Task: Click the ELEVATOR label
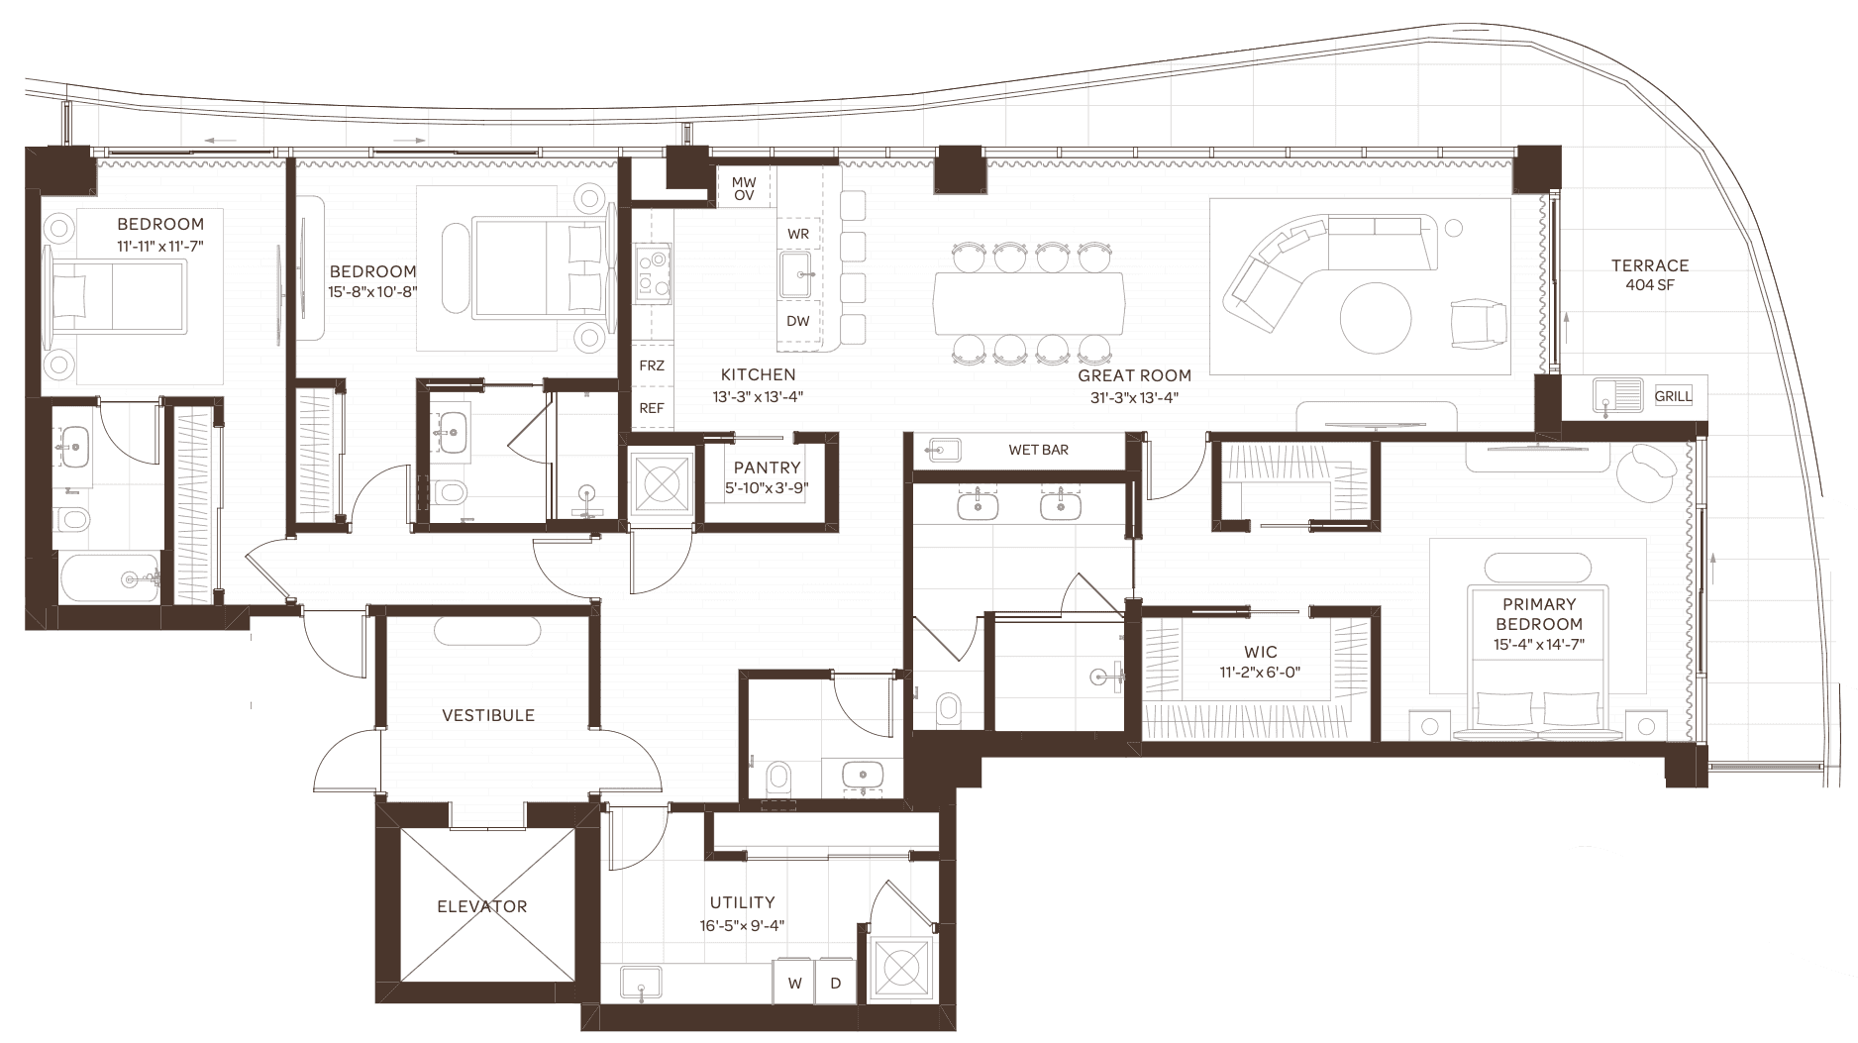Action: [482, 906]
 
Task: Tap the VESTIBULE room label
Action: [488, 715]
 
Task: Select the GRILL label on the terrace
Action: [1674, 396]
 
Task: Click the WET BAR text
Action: [1038, 450]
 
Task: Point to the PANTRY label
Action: [768, 468]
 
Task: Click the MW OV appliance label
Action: [744, 189]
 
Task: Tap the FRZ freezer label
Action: [652, 365]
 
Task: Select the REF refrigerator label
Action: [652, 408]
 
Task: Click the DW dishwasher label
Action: [798, 321]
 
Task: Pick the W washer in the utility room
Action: [795, 984]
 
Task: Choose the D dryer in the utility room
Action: [836, 984]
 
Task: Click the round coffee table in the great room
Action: [1376, 319]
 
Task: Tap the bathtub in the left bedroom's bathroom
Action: [109, 578]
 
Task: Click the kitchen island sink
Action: [798, 274]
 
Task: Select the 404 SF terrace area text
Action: [1649, 285]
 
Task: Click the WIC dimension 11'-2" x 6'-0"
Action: [1261, 672]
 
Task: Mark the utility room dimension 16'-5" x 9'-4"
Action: [743, 925]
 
